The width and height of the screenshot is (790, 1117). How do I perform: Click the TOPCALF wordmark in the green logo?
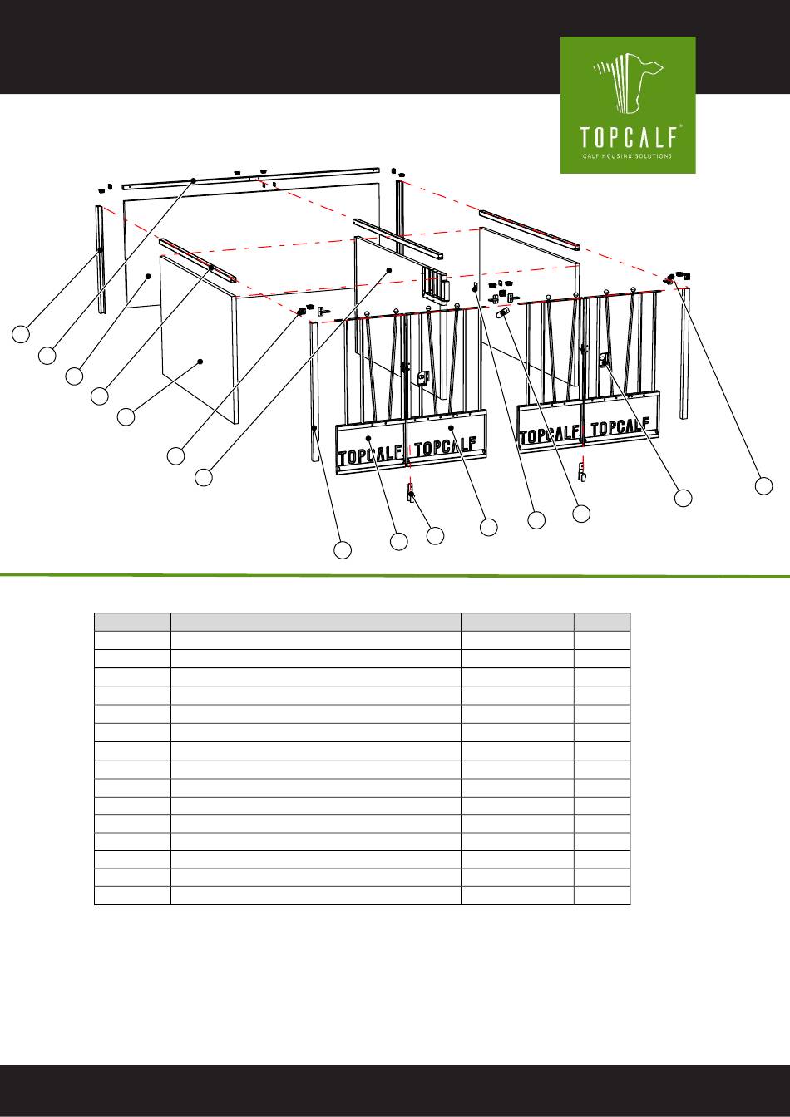click(x=629, y=136)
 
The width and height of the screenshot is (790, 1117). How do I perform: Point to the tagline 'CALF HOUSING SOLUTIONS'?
click(x=627, y=156)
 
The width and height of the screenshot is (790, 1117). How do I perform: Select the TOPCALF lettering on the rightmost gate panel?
click(x=620, y=426)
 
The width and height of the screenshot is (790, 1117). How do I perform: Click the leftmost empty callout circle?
click(x=21, y=333)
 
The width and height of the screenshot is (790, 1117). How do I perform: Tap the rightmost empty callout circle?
click(x=763, y=485)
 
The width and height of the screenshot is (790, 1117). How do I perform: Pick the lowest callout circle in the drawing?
click(x=343, y=549)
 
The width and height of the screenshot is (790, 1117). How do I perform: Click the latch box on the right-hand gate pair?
click(x=605, y=359)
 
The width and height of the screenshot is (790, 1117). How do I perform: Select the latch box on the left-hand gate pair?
click(x=423, y=378)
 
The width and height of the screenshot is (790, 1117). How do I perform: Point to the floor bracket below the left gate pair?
click(x=412, y=492)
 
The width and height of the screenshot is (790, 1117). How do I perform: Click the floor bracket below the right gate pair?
click(x=581, y=471)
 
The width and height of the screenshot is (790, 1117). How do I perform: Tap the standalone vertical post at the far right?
click(x=684, y=353)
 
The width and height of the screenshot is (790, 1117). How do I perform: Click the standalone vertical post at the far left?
click(x=101, y=259)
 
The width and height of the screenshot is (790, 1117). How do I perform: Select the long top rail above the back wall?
click(x=251, y=178)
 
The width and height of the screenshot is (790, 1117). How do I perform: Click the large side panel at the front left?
click(x=199, y=339)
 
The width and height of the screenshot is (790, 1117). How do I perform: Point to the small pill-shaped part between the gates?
click(x=501, y=312)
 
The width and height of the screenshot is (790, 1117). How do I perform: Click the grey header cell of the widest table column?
click(x=315, y=622)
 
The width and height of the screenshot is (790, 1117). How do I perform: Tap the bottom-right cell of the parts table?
click(x=602, y=896)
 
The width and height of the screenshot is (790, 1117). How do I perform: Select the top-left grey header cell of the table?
click(x=132, y=622)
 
